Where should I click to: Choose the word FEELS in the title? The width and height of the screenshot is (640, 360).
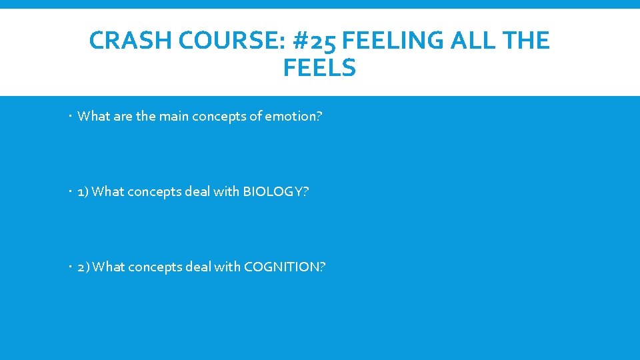[x=319, y=68]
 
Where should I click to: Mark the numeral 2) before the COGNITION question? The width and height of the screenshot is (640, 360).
[x=83, y=267]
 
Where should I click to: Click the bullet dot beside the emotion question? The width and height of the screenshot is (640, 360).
[x=70, y=117]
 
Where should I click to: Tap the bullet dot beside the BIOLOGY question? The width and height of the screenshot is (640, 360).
[x=70, y=192]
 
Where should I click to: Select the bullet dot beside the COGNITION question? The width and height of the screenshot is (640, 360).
[x=70, y=267]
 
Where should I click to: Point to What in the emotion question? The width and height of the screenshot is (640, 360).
[x=93, y=116]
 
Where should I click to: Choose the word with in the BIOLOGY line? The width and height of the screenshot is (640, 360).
[x=225, y=192]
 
